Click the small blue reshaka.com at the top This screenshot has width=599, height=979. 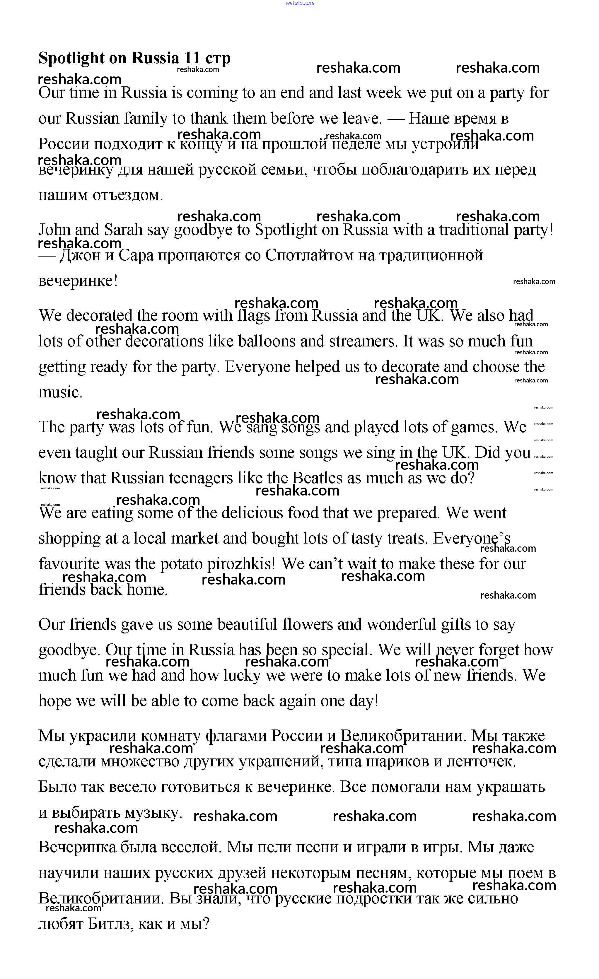(x=300, y=3)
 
